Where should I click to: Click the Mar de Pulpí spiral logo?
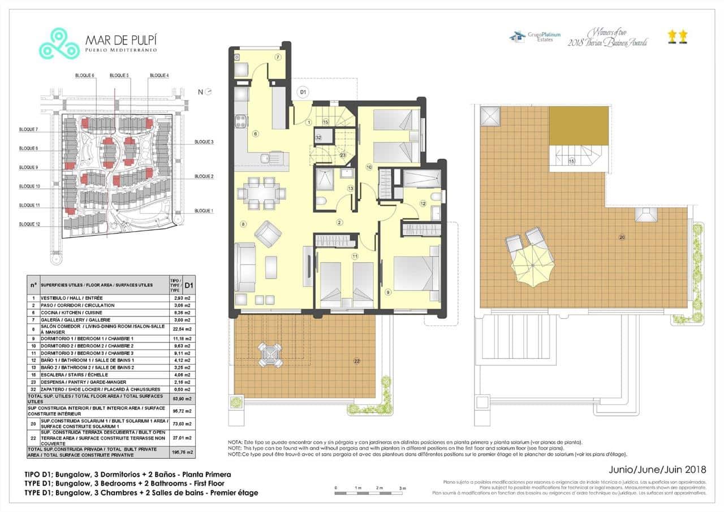59,44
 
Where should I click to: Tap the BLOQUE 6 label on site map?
85,76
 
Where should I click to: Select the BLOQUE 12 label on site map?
29,224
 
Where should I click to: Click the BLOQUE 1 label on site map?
204,211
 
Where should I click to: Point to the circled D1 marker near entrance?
303,92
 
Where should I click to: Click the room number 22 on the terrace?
356,361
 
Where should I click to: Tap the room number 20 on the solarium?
622,237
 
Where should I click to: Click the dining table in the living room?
261,192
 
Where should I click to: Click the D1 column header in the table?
189,285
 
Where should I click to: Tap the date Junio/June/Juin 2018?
657,469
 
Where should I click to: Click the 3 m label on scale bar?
402,488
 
